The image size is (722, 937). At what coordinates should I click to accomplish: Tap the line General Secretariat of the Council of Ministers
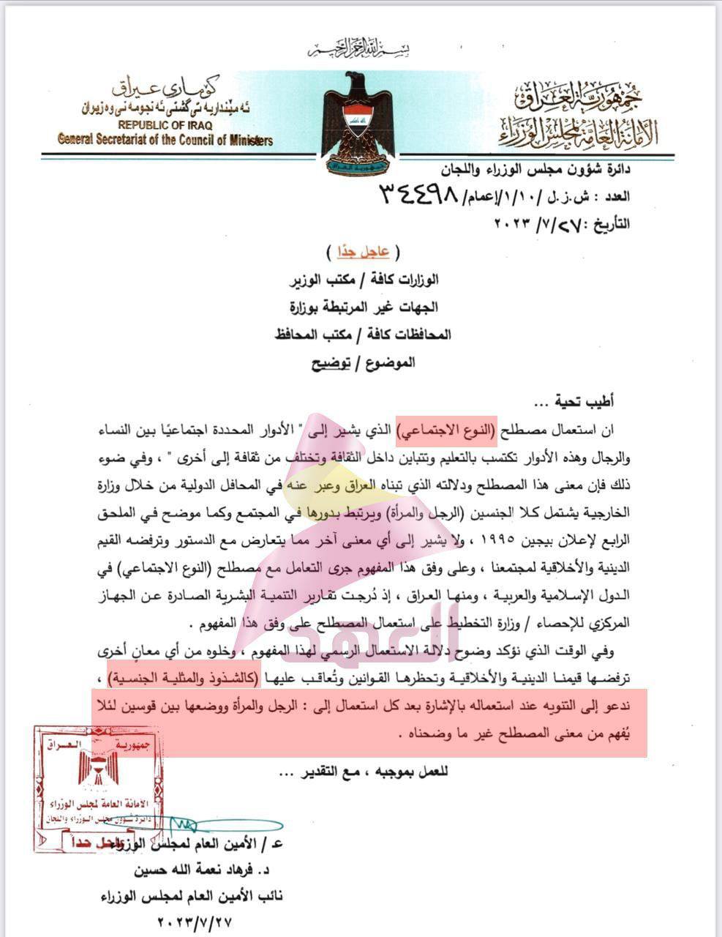(165, 141)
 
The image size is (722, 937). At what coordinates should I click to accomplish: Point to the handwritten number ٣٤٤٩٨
(418, 194)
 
